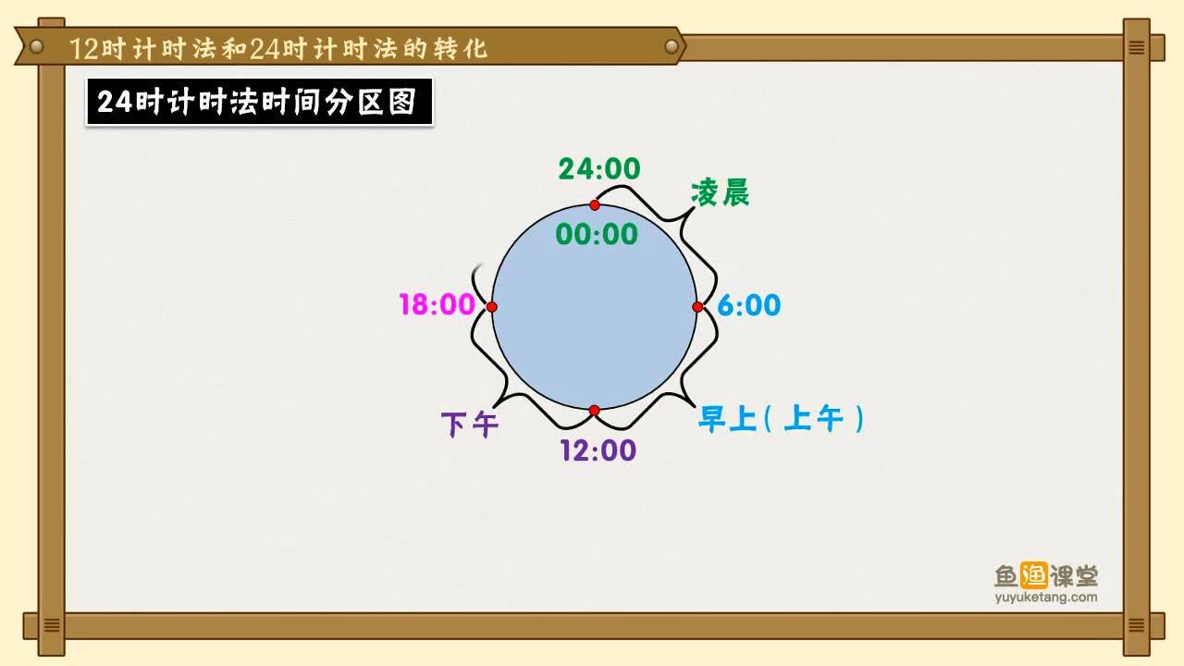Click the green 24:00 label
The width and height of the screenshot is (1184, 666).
click(x=598, y=169)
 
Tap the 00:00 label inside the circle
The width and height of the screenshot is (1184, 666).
click(x=597, y=234)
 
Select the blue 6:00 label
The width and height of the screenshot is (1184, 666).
click(x=749, y=305)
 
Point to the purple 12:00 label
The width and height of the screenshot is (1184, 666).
click(x=598, y=450)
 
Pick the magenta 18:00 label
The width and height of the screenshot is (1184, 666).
click(x=438, y=304)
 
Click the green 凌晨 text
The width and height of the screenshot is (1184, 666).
click(x=720, y=192)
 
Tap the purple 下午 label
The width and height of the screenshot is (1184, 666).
click(x=469, y=425)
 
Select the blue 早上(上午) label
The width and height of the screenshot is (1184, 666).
click(x=782, y=419)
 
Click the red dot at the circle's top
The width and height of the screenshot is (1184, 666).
click(x=595, y=205)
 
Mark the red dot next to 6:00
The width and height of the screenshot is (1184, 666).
click(x=697, y=307)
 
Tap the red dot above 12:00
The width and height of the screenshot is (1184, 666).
click(x=594, y=411)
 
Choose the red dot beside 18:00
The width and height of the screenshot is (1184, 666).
click(x=491, y=307)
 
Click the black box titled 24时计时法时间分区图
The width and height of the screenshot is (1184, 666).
click(x=259, y=102)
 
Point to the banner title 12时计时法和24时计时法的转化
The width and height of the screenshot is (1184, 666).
click(x=278, y=49)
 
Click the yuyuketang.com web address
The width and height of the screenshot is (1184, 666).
click(x=1045, y=598)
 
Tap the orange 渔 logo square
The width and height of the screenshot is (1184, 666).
click(x=1033, y=575)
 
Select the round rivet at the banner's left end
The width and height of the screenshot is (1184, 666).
click(x=36, y=46)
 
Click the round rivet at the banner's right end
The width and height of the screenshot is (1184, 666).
click(x=672, y=46)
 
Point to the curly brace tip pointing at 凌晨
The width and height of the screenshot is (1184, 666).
click(x=694, y=209)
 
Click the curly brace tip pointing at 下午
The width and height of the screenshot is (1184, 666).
click(x=494, y=407)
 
